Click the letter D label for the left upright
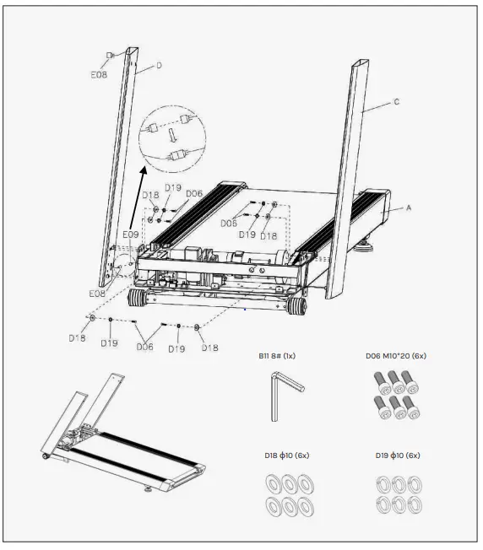tap(158, 64)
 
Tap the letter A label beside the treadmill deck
tap(409, 207)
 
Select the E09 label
tap(130, 234)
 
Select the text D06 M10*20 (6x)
tap(395, 355)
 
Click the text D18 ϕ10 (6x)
tap(285, 456)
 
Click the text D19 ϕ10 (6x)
tap(395, 456)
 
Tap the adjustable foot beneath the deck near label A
tap(370, 247)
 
